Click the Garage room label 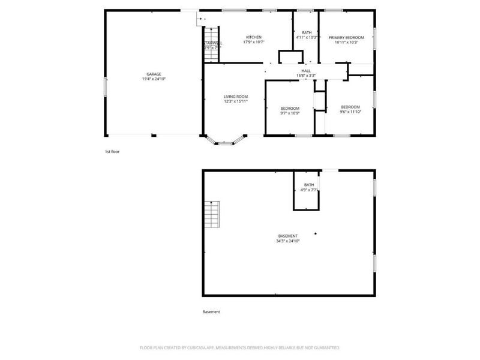tap(154, 74)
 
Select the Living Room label tap(236, 97)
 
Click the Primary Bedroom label tap(346, 37)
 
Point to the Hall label tap(306, 70)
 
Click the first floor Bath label tap(307, 32)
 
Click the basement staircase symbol tap(212, 214)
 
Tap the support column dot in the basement tap(316, 233)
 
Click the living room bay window tap(226, 143)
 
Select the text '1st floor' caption tap(112, 152)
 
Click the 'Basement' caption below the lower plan tap(211, 312)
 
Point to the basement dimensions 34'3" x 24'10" tap(287, 241)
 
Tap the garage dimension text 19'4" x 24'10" tap(154, 79)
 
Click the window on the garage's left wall tap(106, 86)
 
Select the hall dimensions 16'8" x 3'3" tap(306, 75)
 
